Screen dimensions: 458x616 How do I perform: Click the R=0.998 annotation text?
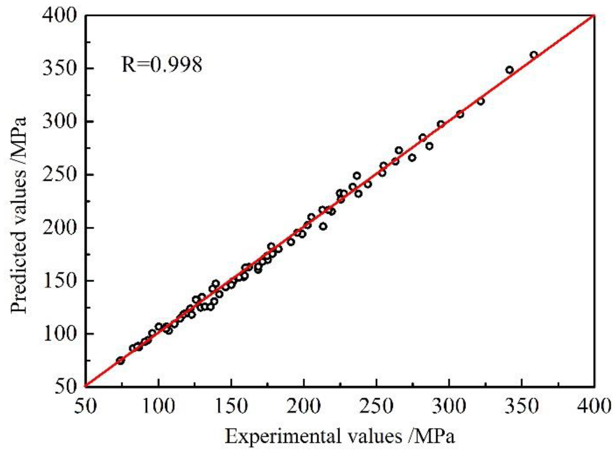pyautogui.click(x=162, y=65)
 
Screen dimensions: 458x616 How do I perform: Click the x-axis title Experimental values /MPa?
pyautogui.click(x=340, y=436)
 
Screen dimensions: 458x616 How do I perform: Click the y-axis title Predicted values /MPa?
pyautogui.click(x=18, y=216)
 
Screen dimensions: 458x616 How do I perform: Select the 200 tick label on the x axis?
pyautogui.click(x=304, y=406)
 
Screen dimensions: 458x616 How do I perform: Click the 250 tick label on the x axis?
pyautogui.click(x=377, y=406)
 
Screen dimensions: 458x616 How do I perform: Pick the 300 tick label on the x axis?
pyautogui.click(x=449, y=406)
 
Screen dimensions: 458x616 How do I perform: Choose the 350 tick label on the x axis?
pyautogui.click(x=522, y=406)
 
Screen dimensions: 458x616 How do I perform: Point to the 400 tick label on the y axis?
pyautogui.click(x=60, y=15)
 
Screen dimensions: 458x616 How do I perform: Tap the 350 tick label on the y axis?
pyautogui.click(x=60, y=68)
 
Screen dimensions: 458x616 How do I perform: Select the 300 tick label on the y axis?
pyautogui.click(x=60, y=121)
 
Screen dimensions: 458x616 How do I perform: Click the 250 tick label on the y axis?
pyautogui.click(x=60, y=175)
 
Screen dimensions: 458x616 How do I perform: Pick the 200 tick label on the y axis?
pyautogui.click(x=60, y=228)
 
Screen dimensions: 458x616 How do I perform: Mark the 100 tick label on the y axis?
pyautogui.click(x=60, y=334)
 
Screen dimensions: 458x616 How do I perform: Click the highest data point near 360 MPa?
pyautogui.click(x=534, y=55)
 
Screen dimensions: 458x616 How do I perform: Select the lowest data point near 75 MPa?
pyautogui.click(x=120, y=361)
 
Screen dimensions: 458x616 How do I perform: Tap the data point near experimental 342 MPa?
pyautogui.click(x=509, y=70)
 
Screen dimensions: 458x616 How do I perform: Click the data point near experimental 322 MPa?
pyautogui.click(x=481, y=101)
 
